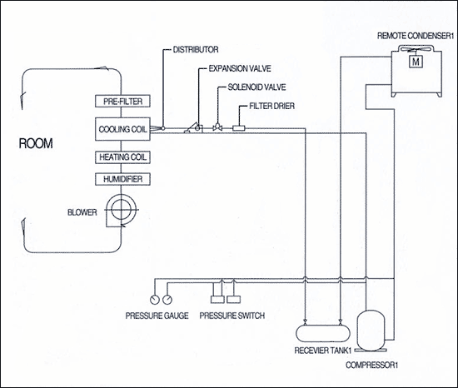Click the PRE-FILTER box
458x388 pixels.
(122, 102)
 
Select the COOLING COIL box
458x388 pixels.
(122, 129)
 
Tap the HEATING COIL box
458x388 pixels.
(122, 157)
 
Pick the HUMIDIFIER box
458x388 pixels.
(122, 179)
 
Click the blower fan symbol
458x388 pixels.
(121, 210)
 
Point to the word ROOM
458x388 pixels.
(36, 144)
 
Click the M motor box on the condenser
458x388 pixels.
(416, 62)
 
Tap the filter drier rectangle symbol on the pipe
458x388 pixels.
(239, 128)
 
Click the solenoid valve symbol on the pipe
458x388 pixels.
(217, 127)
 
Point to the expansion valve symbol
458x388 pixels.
(193, 128)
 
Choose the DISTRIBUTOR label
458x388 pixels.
(196, 50)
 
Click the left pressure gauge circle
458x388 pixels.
(154, 299)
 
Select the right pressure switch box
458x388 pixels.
(234, 299)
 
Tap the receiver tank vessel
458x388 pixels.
(323, 333)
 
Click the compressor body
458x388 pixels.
(371, 330)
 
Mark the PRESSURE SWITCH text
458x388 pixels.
(232, 316)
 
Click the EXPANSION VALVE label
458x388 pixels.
(240, 68)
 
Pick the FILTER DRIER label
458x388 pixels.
(272, 106)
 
